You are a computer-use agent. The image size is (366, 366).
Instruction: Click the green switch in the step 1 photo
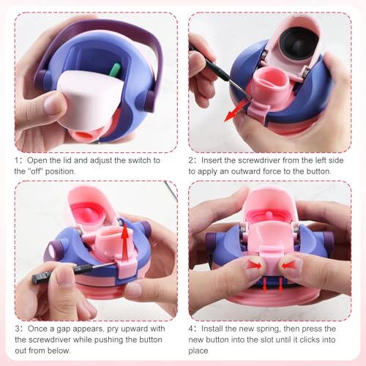115,70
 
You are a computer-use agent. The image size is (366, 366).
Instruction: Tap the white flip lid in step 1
91,100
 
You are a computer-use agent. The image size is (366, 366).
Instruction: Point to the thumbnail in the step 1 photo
52,104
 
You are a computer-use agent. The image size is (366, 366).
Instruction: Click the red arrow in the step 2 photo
236,111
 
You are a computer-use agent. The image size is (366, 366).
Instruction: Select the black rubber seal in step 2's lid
299,43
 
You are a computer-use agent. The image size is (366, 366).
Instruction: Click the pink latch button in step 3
126,267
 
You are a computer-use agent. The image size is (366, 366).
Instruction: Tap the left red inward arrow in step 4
254,265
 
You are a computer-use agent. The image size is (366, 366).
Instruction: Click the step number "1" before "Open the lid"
17,160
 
